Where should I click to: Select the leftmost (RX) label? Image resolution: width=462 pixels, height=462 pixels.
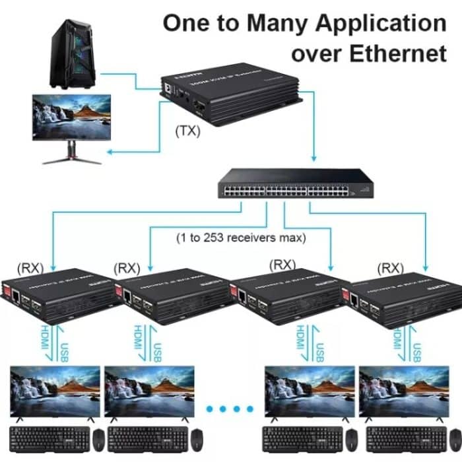pyautogui.click(x=30, y=268)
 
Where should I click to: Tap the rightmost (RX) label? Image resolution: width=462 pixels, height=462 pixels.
pyautogui.click(x=391, y=268)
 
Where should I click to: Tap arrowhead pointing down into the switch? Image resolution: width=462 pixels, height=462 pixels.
pyautogui.click(x=313, y=158)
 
